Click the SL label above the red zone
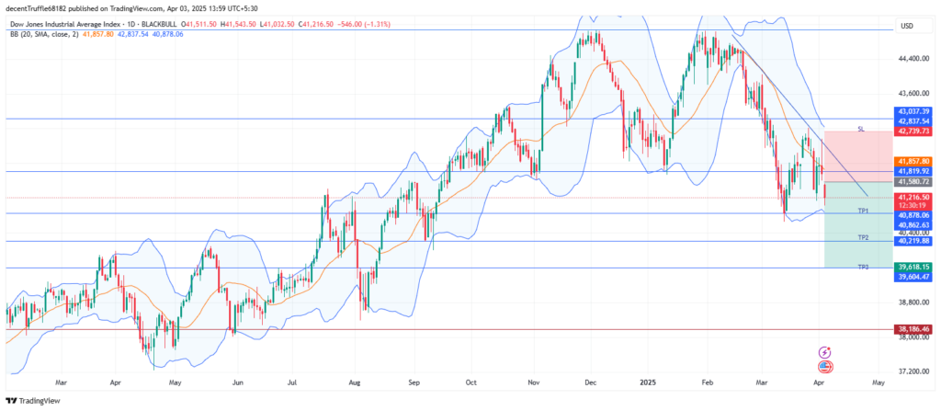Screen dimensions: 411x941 click(x=860, y=129)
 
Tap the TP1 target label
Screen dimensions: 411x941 click(x=863, y=211)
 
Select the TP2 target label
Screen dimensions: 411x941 click(x=863, y=237)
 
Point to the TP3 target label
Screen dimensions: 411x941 click(x=863, y=266)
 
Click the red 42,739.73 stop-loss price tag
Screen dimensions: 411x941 click(x=913, y=131)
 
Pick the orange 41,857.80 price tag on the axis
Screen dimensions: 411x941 click(x=913, y=161)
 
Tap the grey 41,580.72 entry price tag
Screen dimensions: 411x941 click(x=913, y=182)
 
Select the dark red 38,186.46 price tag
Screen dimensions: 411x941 click(x=913, y=328)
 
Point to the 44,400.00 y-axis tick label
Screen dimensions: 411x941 click(x=913, y=59)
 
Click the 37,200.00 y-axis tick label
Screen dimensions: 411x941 click(x=913, y=371)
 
